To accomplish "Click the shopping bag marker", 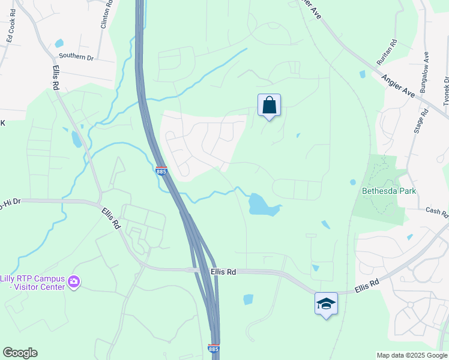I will click(269, 106).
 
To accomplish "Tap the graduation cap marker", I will click(326, 304).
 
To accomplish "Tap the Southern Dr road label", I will click(76, 58).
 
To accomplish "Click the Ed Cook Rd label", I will click(11, 25).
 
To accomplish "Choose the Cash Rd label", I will click(436, 211).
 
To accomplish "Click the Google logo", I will click(20, 352).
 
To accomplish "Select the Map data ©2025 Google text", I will click(412, 355).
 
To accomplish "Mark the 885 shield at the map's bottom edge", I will click(214, 348).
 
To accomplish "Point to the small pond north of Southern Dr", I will click(59, 43).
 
